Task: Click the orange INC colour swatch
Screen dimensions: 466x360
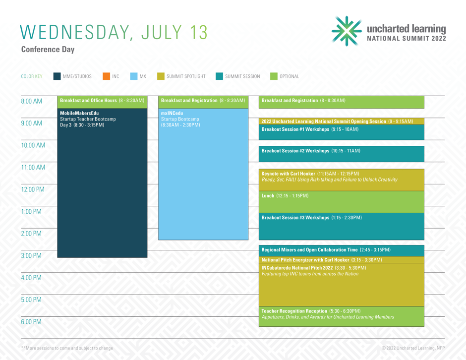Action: tap(106, 76)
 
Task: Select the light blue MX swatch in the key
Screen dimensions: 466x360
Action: tap(134, 76)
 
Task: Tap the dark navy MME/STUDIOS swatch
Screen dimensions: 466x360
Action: tap(57, 76)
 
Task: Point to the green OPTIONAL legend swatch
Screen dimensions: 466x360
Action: tap(274, 76)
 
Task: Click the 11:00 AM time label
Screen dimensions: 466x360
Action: tap(33, 168)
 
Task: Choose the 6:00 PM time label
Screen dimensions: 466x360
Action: tap(31, 322)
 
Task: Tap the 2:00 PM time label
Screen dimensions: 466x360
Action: tap(31, 234)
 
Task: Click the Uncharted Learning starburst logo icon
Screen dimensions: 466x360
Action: tap(347, 31)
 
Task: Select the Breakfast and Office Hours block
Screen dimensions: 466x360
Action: tap(102, 102)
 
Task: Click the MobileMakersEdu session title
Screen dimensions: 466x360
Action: tap(79, 113)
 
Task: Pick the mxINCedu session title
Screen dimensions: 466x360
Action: tap(172, 113)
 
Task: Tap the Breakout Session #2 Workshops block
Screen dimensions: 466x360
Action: tap(342, 154)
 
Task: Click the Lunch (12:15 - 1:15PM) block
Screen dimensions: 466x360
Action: tap(342, 202)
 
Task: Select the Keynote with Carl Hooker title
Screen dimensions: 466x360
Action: tap(289, 174)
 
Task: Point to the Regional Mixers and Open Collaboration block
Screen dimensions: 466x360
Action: tap(342, 250)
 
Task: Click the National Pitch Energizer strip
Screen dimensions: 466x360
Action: tap(342, 260)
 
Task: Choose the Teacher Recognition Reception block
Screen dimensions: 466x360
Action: tap(342, 316)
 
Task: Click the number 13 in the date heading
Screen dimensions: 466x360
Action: tap(198, 32)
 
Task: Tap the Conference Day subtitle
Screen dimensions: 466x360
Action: tap(48, 50)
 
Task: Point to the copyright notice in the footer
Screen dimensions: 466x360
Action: tap(413, 348)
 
